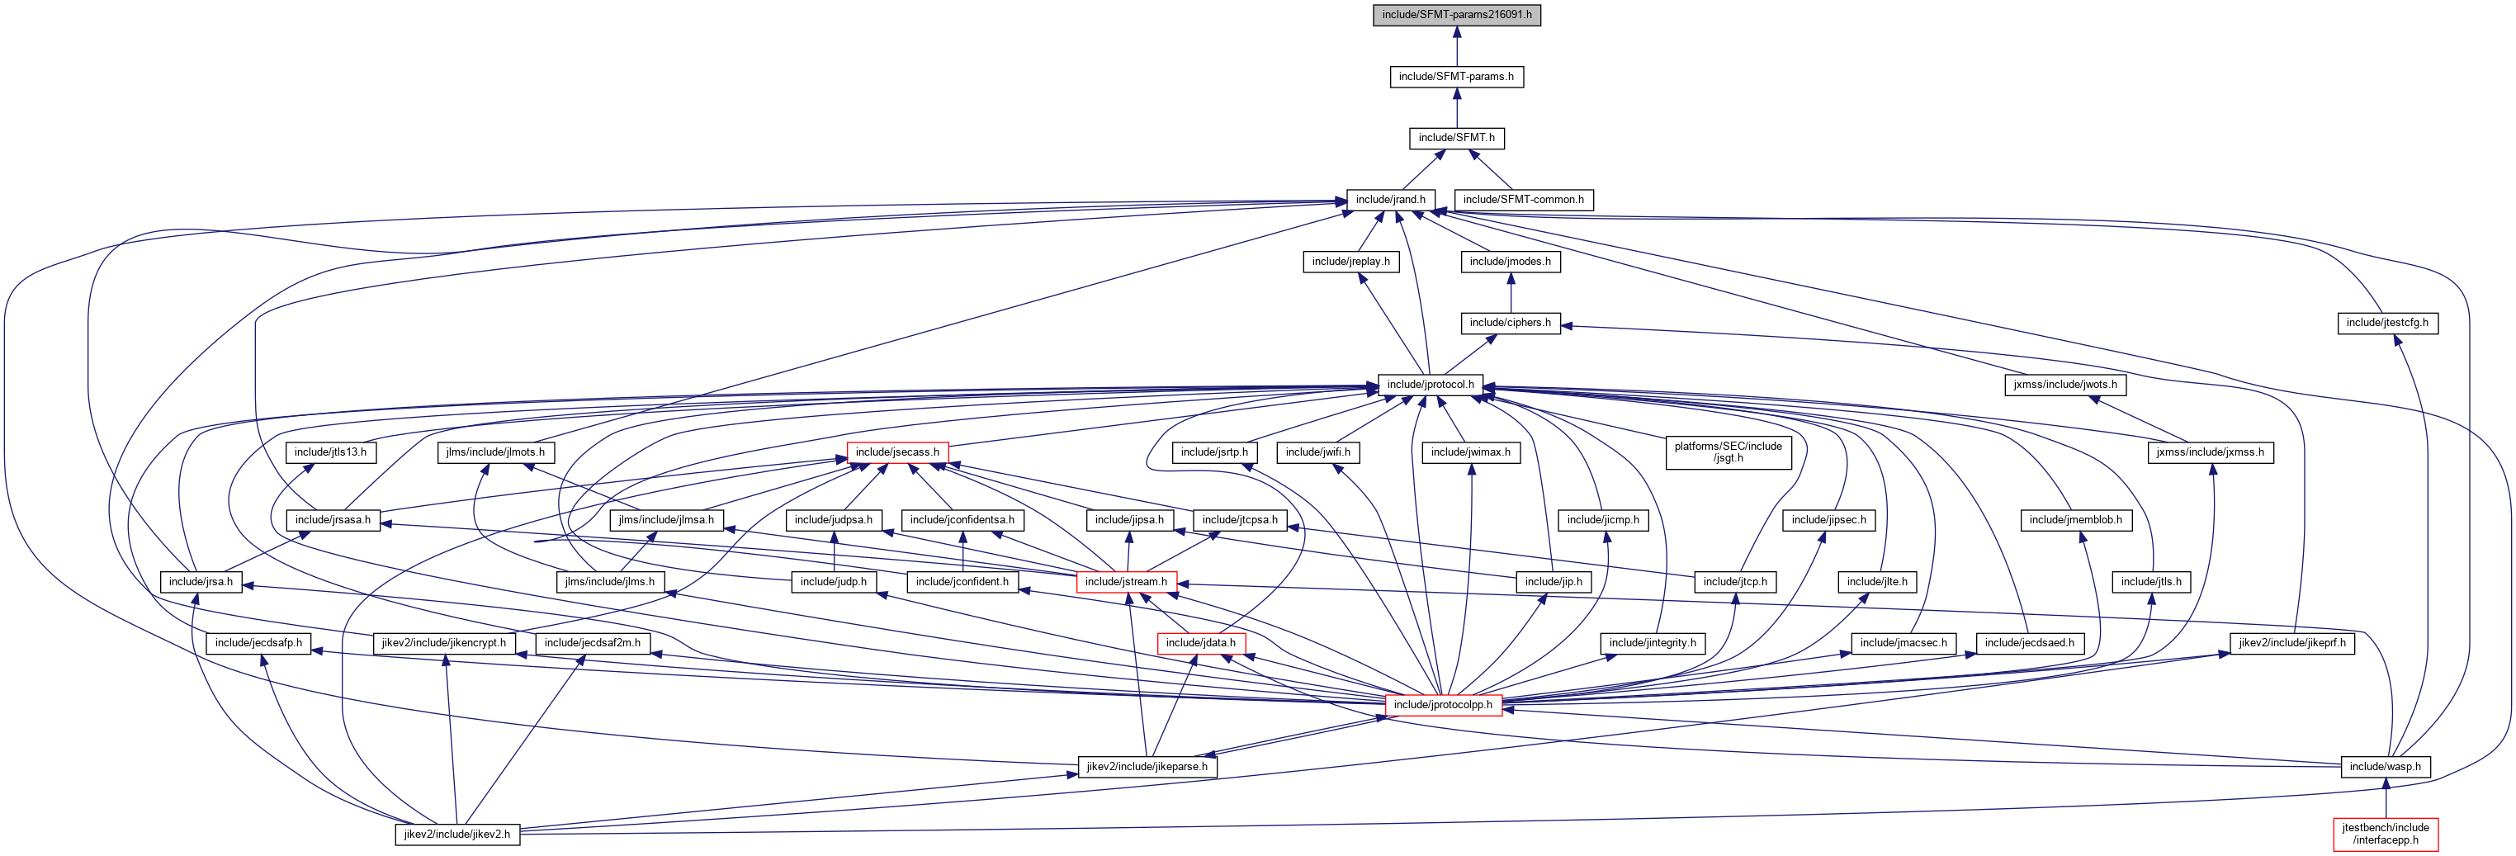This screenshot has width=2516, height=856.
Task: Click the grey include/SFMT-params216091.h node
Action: tap(1456, 15)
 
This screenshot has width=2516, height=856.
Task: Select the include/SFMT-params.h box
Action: tap(1456, 76)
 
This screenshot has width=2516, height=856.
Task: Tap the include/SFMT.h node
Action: tap(1456, 138)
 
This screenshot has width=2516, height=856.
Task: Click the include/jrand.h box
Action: tap(1390, 199)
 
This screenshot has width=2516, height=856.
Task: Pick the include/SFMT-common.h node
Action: tap(1523, 199)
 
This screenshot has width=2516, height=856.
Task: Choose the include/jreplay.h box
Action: tap(1350, 262)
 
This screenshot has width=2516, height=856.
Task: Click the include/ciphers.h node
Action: tap(1510, 323)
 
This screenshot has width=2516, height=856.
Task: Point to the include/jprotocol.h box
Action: tap(1430, 384)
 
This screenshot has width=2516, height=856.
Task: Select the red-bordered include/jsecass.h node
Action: tap(896, 452)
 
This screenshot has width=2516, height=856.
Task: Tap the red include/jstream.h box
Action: tap(1126, 581)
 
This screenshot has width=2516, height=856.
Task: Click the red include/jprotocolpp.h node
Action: tap(1443, 705)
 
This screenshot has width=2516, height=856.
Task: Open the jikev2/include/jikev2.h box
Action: tap(457, 835)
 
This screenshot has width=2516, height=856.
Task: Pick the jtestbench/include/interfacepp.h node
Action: tap(2385, 834)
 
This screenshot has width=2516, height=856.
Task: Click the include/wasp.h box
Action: tap(2385, 766)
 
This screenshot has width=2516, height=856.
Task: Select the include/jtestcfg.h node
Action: tap(2387, 323)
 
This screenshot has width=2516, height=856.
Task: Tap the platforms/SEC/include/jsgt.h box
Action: tap(1728, 452)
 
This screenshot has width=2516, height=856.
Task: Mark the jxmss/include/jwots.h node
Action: tap(2064, 384)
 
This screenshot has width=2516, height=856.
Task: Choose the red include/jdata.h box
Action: tap(1200, 643)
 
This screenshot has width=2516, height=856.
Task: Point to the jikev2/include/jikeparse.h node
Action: tap(1147, 766)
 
